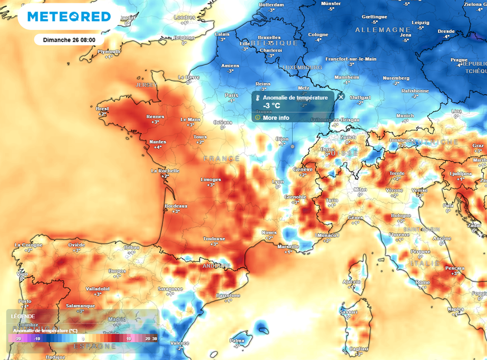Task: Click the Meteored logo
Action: (x=69, y=17)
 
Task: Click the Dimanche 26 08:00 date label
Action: (x=69, y=40)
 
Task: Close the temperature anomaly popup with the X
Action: (x=341, y=97)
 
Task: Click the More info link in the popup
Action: (x=276, y=117)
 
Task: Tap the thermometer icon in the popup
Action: (x=257, y=98)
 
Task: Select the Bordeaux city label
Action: (x=175, y=206)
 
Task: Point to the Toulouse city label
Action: (x=214, y=238)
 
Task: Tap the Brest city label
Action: (x=102, y=109)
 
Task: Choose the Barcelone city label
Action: (x=228, y=295)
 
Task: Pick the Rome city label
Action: (x=422, y=282)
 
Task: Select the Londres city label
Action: (x=185, y=18)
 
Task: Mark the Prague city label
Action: (x=459, y=60)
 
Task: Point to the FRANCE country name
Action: (x=221, y=158)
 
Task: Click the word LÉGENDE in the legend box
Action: (x=23, y=316)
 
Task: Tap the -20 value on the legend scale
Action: (x=18, y=338)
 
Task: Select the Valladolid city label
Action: (x=97, y=289)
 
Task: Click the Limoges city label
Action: (x=211, y=179)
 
